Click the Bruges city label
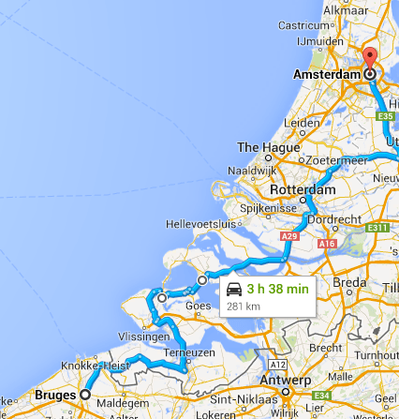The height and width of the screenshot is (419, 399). coord(54,396)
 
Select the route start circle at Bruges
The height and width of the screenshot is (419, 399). coord(84,396)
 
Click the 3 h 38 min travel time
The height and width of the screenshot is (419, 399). coord(277,290)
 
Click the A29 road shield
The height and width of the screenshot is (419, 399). coord(288,239)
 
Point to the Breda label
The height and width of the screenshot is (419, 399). coord(351,282)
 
